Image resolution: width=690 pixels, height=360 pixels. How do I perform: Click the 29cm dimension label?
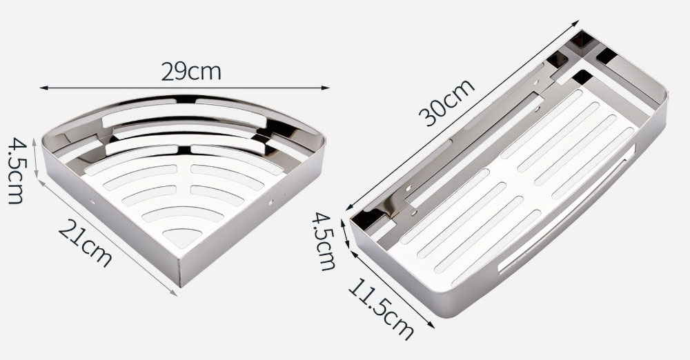coord(191,71)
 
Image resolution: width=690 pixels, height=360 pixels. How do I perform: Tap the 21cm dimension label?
coord(85,243)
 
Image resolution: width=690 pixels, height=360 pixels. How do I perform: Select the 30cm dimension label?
coord(446,103)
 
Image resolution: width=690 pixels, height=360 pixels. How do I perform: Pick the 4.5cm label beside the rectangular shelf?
coord(324,241)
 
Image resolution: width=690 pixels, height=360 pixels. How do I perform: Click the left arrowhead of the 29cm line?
coord(43,88)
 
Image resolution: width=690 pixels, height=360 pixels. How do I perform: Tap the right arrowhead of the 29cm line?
coord(326,88)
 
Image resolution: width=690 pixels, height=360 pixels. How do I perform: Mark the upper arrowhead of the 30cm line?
coord(575,23)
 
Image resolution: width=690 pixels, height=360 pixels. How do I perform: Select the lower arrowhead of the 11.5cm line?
coord(431,326)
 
